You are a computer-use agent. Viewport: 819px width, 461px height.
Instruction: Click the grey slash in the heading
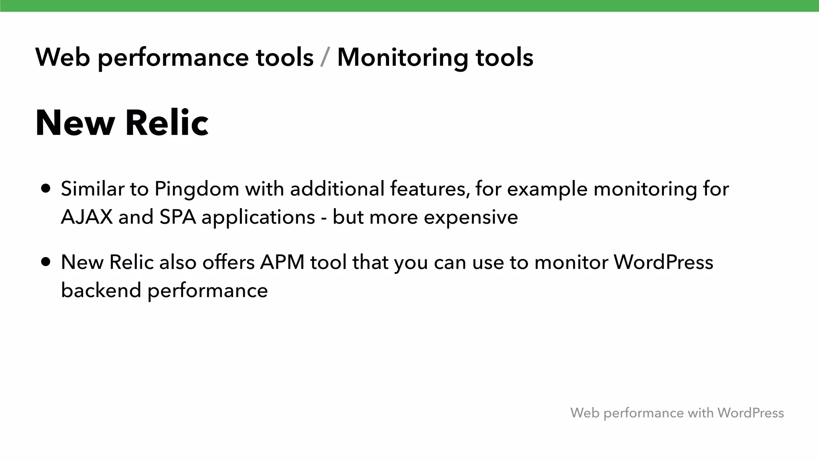click(325, 58)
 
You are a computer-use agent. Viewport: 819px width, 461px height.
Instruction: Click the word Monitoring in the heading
click(402, 58)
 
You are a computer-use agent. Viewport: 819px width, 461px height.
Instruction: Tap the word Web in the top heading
click(62, 57)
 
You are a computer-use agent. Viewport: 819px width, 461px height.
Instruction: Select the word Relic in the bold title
click(167, 123)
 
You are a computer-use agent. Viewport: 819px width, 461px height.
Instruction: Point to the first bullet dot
click(46, 188)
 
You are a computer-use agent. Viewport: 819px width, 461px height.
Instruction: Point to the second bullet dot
click(46, 262)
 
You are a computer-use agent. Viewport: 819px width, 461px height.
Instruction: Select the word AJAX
click(87, 217)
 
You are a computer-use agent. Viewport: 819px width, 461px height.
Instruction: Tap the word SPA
click(178, 217)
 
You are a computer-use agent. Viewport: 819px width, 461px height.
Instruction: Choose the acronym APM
click(282, 263)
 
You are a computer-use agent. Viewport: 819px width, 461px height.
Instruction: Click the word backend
click(101, 291)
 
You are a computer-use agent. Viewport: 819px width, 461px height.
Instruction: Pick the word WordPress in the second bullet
click(663, 263)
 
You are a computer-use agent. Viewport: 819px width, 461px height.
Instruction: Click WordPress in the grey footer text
click(750, 413)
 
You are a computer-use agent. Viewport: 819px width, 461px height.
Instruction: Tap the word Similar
click(92, 189)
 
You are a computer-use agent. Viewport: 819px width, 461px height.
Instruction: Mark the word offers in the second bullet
click(228, 263)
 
